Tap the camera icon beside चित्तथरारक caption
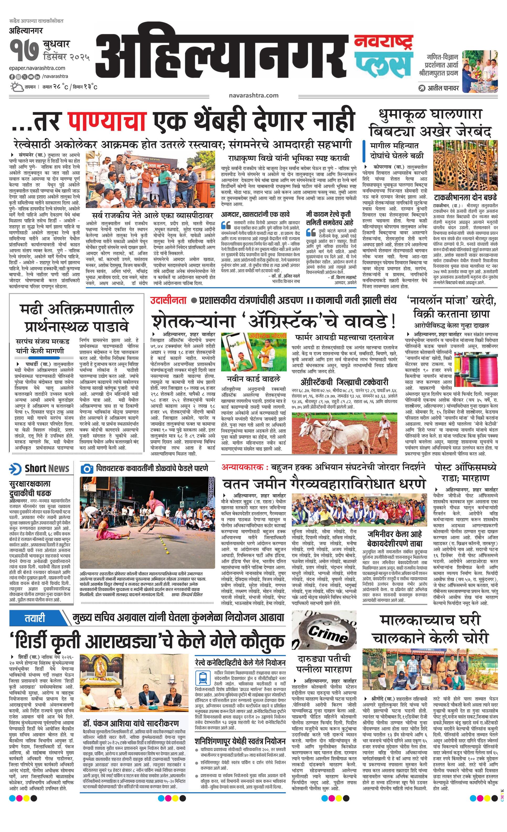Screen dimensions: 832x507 point(87,469)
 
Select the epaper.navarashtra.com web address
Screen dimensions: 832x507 point(37,68)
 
